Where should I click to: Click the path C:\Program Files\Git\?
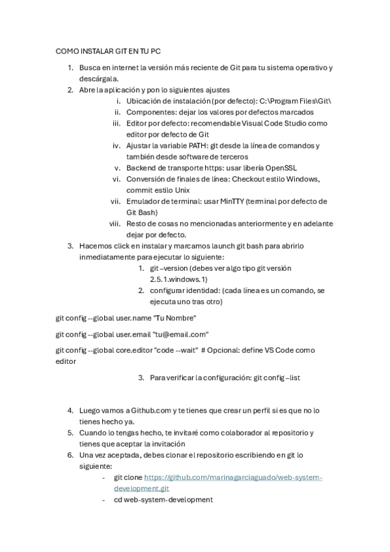pos(296,102)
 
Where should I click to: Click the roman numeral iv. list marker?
pos(117,145)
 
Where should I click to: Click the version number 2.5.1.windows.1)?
pos(179,279)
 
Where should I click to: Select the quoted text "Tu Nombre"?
pos(174,317)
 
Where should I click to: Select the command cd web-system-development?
pos(163,499)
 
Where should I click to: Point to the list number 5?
pos(70,432)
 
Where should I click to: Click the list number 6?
pos(70,455)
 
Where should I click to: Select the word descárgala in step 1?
pos(98,79)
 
